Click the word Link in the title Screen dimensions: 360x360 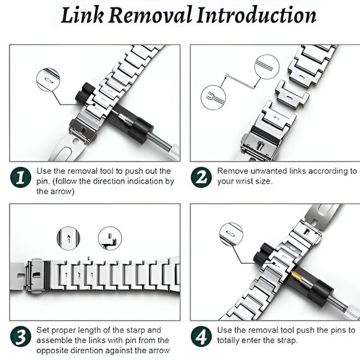click(82, 16)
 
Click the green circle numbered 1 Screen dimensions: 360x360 click(20, 178)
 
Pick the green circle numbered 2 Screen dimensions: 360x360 click(201, 178)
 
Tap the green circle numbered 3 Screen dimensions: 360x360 click(20, 336)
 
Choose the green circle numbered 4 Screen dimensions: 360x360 click(201, 336)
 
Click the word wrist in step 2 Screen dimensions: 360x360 click(244, 181)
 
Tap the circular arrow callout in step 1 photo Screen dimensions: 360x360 click(48, 80)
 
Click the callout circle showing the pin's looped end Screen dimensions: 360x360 click(214, 97)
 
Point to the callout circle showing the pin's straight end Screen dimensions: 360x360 click(267, 67)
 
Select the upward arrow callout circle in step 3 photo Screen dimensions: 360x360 click(68, 238)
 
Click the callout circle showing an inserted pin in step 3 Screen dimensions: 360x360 click(110, 238)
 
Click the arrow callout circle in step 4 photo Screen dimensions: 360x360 click(231, 234)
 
